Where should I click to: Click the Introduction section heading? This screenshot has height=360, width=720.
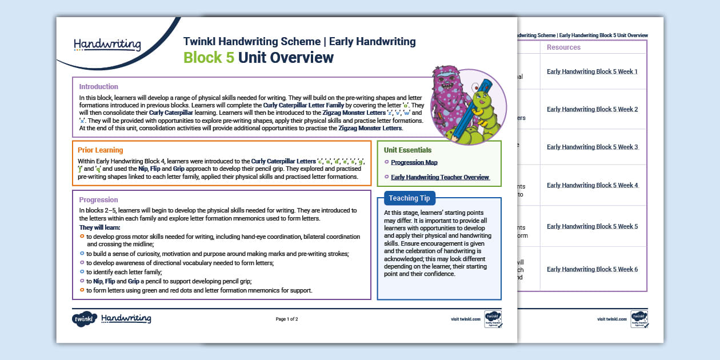tap(98, 87)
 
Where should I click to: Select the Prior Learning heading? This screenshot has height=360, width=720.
tap(100, 150)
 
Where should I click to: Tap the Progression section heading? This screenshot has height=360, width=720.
tap(98, 200)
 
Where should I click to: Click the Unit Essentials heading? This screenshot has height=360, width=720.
tap(407, 150)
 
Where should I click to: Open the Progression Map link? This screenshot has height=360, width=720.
tap(414, 163)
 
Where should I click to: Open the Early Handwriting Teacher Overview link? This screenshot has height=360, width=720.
tap(439, 177)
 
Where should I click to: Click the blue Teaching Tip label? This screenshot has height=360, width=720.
tap(409, 198)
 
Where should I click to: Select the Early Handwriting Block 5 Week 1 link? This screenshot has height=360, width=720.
tap(592, 72)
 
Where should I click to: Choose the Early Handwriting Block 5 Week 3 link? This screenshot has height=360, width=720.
tap(592, 147)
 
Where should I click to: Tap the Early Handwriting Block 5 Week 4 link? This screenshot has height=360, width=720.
tap(592, 185)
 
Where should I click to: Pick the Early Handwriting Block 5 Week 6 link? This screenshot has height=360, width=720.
tap(592, 269)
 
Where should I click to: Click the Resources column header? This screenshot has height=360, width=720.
tap(563, 47)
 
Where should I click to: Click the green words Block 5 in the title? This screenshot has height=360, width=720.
tap(209, 58)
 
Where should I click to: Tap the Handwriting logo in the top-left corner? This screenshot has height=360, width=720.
tap(107, 44)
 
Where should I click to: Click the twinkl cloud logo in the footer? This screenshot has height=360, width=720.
tap(84, 319)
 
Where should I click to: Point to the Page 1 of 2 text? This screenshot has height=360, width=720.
tap(287, 319)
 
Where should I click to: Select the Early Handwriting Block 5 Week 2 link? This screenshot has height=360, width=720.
tap(592, 110)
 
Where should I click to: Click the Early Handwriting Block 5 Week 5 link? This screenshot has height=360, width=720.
tap(592, 226)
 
